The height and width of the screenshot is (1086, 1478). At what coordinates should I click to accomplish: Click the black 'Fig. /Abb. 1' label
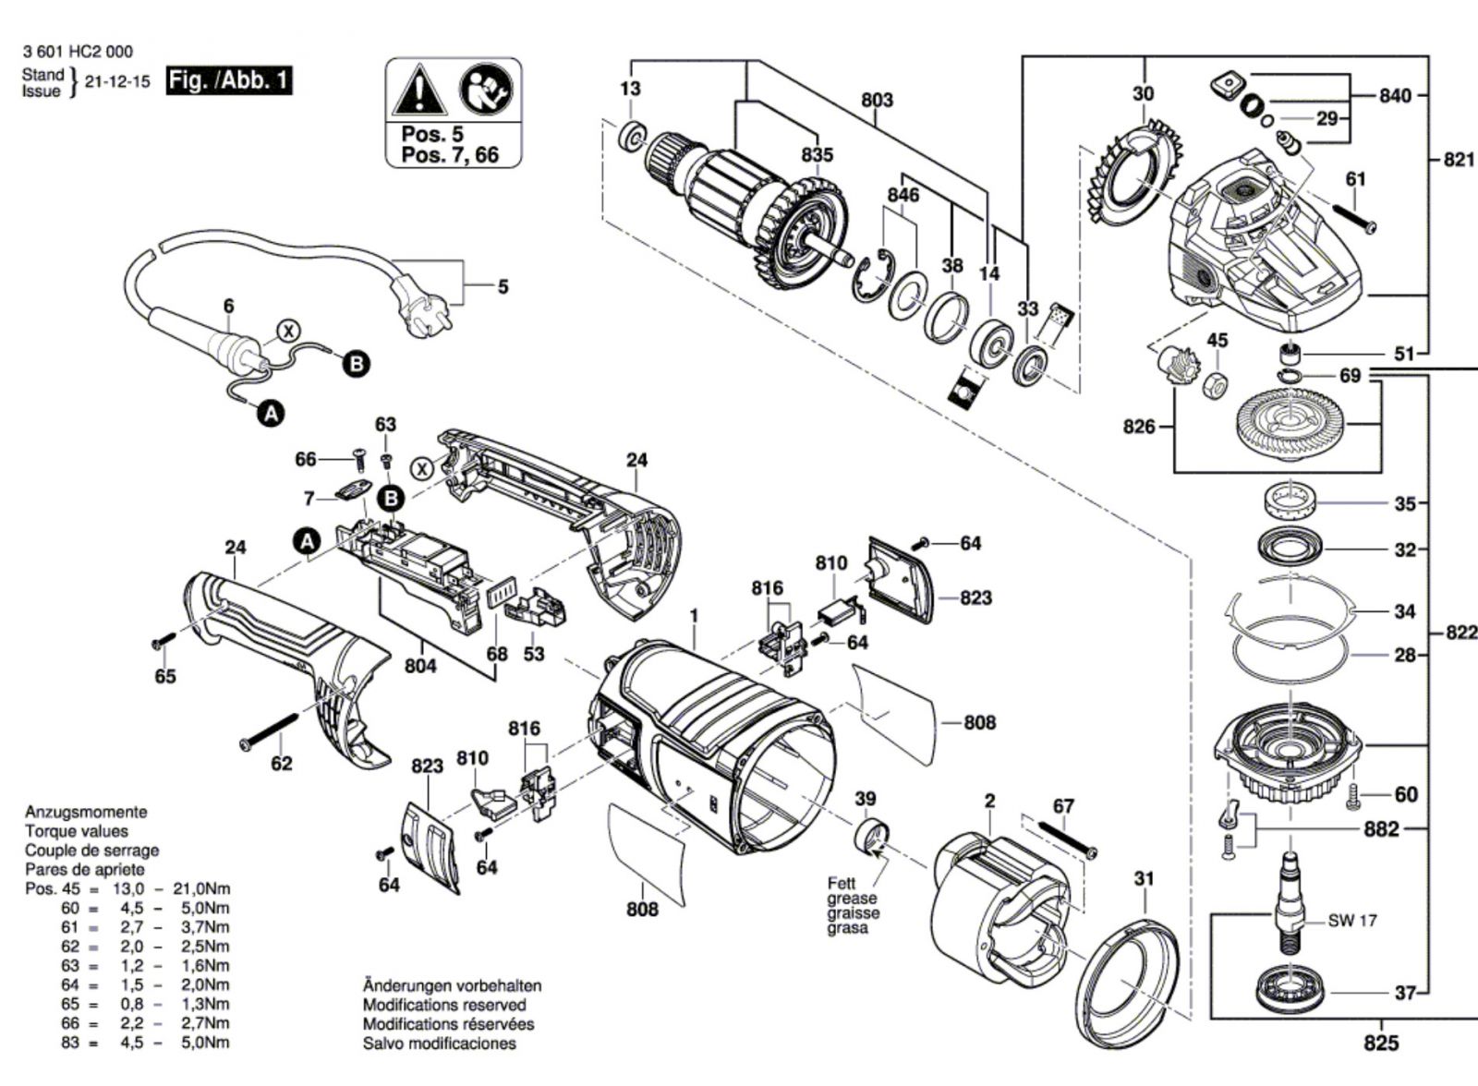pos(228,80)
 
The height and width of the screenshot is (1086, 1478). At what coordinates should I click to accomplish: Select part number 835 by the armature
pos(817,155)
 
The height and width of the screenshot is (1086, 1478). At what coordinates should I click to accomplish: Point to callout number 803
pos(877,99)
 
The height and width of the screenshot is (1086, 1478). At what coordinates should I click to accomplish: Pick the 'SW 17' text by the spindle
pos(1352,921)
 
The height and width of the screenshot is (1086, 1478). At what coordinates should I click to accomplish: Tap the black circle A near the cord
pos(270,415)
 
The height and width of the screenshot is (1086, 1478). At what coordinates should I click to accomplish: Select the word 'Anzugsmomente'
pos(85,813)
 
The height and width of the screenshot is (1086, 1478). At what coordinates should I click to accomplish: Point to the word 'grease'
pos(852,899)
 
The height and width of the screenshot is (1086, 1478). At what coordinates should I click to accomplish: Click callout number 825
pos(1381,1044)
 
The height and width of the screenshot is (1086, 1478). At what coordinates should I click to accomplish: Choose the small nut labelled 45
pos(1217,383)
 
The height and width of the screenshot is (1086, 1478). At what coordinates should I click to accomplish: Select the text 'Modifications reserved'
pos(444,1005)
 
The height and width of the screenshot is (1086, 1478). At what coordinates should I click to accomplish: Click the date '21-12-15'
pos(117,81)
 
